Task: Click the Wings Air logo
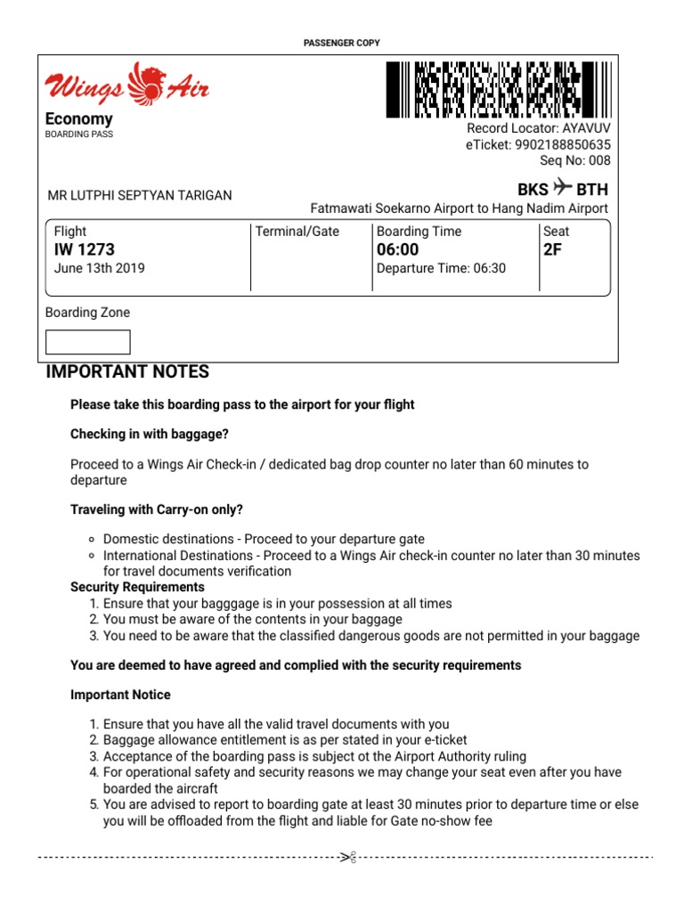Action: [x=127, y=85]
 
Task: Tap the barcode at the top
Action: [x=499, y=90]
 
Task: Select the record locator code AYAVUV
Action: [x=584, y=128]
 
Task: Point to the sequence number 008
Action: [x=599, y=160]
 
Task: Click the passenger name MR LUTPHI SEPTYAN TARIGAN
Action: [x=139, y=196]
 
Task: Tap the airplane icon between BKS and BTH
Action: [x=562, y=188]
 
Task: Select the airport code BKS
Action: [x=533, y=190]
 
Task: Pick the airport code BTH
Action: [x=592, y=190]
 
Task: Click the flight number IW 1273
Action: [x=85, y=250]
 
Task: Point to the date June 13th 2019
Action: [x=100, y=268]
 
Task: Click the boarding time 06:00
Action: [x=398, y=250]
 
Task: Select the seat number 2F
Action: [x=553, y=250]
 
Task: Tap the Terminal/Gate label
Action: [x=297, y=232]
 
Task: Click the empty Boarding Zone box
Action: [x=87, y=342]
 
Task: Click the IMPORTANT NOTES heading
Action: [x=127, y=372]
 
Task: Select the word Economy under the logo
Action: [x=79, y=119]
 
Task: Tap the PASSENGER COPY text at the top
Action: [x=342, y=43]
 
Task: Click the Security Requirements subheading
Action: [x=137, y=588]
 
